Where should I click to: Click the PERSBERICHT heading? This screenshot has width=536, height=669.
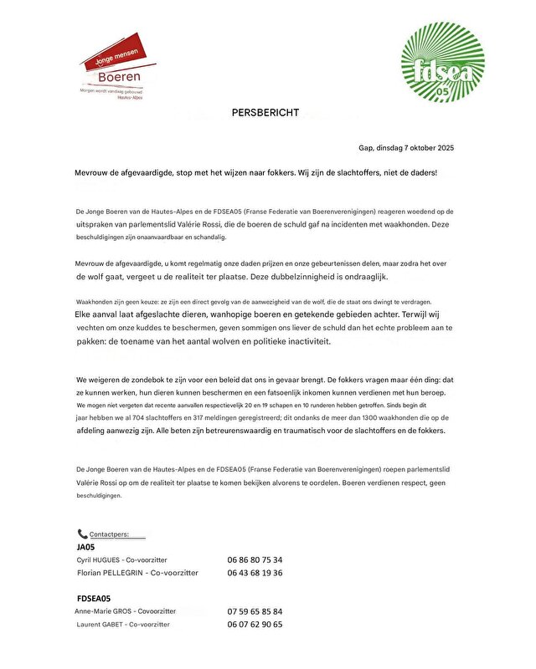pyautogui.click(x=265, y=113)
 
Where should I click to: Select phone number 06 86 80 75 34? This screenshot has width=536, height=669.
pyautogui.click(x=255, y=559)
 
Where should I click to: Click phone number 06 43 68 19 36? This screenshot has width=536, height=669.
pyautogui.click(x=255, y=573)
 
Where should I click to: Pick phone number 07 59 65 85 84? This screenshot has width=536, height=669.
pyautogui.click(x=255, y=611)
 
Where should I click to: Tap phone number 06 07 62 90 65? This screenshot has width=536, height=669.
pyautogui.click(x=255, y=625)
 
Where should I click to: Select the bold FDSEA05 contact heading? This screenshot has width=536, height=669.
pyautogui.click(x=93, y=599)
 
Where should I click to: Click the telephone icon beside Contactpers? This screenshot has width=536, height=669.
pyautogui.click(x=82, y=534)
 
